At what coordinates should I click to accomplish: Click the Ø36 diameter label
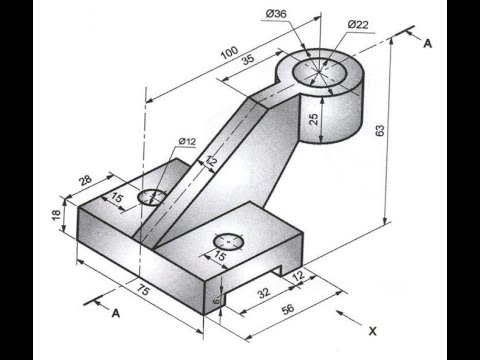point(276,14)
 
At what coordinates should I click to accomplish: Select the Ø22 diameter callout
point(358,25)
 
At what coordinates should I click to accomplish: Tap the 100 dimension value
point(230,52)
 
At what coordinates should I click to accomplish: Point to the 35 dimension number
point(248,59)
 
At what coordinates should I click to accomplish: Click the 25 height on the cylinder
point(314,119)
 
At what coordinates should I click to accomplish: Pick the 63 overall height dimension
point(380,130)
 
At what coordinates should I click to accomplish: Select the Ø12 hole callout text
point(187,141)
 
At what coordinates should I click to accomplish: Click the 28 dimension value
point(85,180)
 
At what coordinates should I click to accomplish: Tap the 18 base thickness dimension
point(56,214)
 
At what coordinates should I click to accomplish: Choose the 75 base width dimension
point(143,290)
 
